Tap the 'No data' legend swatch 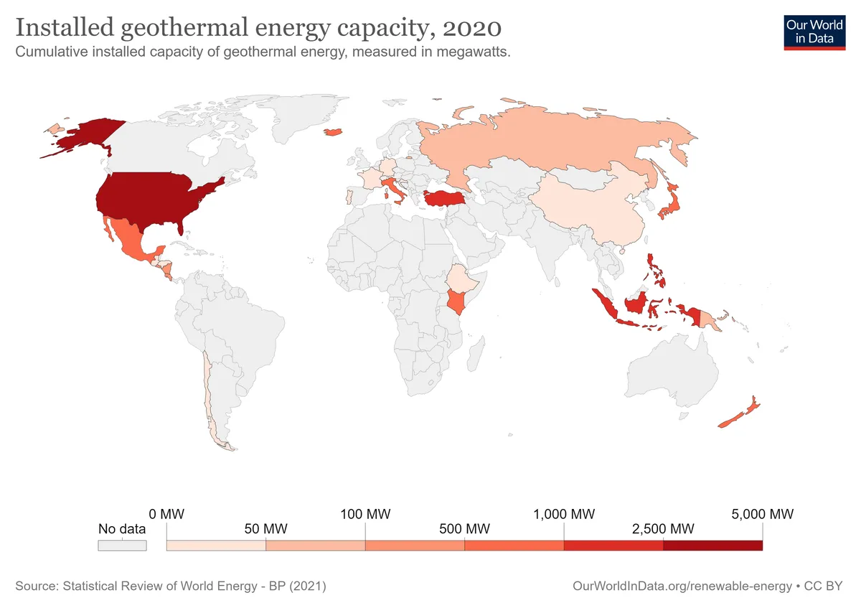122,546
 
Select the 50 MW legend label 265,530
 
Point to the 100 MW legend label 366,515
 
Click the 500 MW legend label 465,530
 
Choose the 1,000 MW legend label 564,515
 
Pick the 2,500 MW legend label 663,530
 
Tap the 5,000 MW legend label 762,515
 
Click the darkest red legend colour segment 712,546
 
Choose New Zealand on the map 739,416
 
